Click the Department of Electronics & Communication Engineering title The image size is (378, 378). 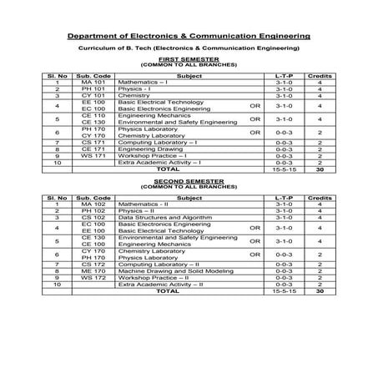coord(189,37)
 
